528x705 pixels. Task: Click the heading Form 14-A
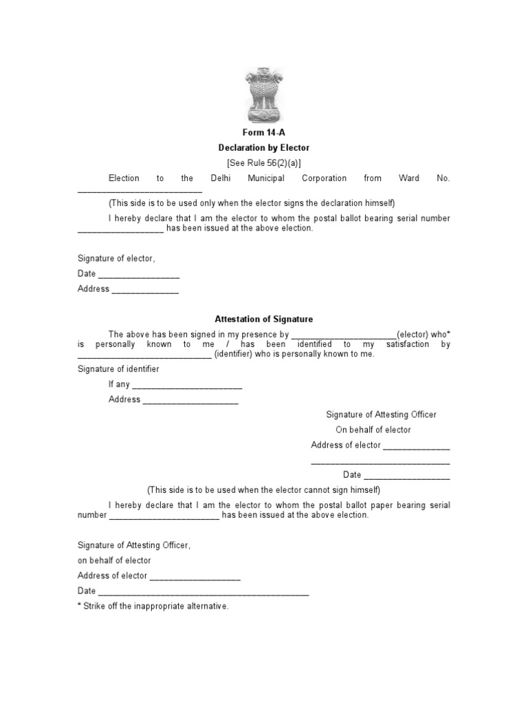pyautogui.click(x=264, y=133)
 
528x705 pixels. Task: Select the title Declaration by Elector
pyautogui.click(x=264, y=148)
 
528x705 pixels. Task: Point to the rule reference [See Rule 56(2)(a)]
pyautogui.click(x=264, y=163)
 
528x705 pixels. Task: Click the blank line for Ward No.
pyautogui.click(x=140, y=190)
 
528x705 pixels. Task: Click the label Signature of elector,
pyautogui.click(x=117, y=259)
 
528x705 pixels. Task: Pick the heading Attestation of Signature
pyautogui.click(x=264, y=319)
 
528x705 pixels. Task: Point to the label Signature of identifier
pyautogui.click(x=118, y=369)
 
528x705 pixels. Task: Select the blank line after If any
pyautogui.click(x=187, y=386)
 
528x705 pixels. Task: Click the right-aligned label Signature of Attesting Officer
pyautogui.click(x=381, y=414)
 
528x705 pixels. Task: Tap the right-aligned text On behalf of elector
pyautogui.click(x=373, y=430)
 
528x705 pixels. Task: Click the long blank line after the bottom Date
pyautogui.click(x=203, y=593)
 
